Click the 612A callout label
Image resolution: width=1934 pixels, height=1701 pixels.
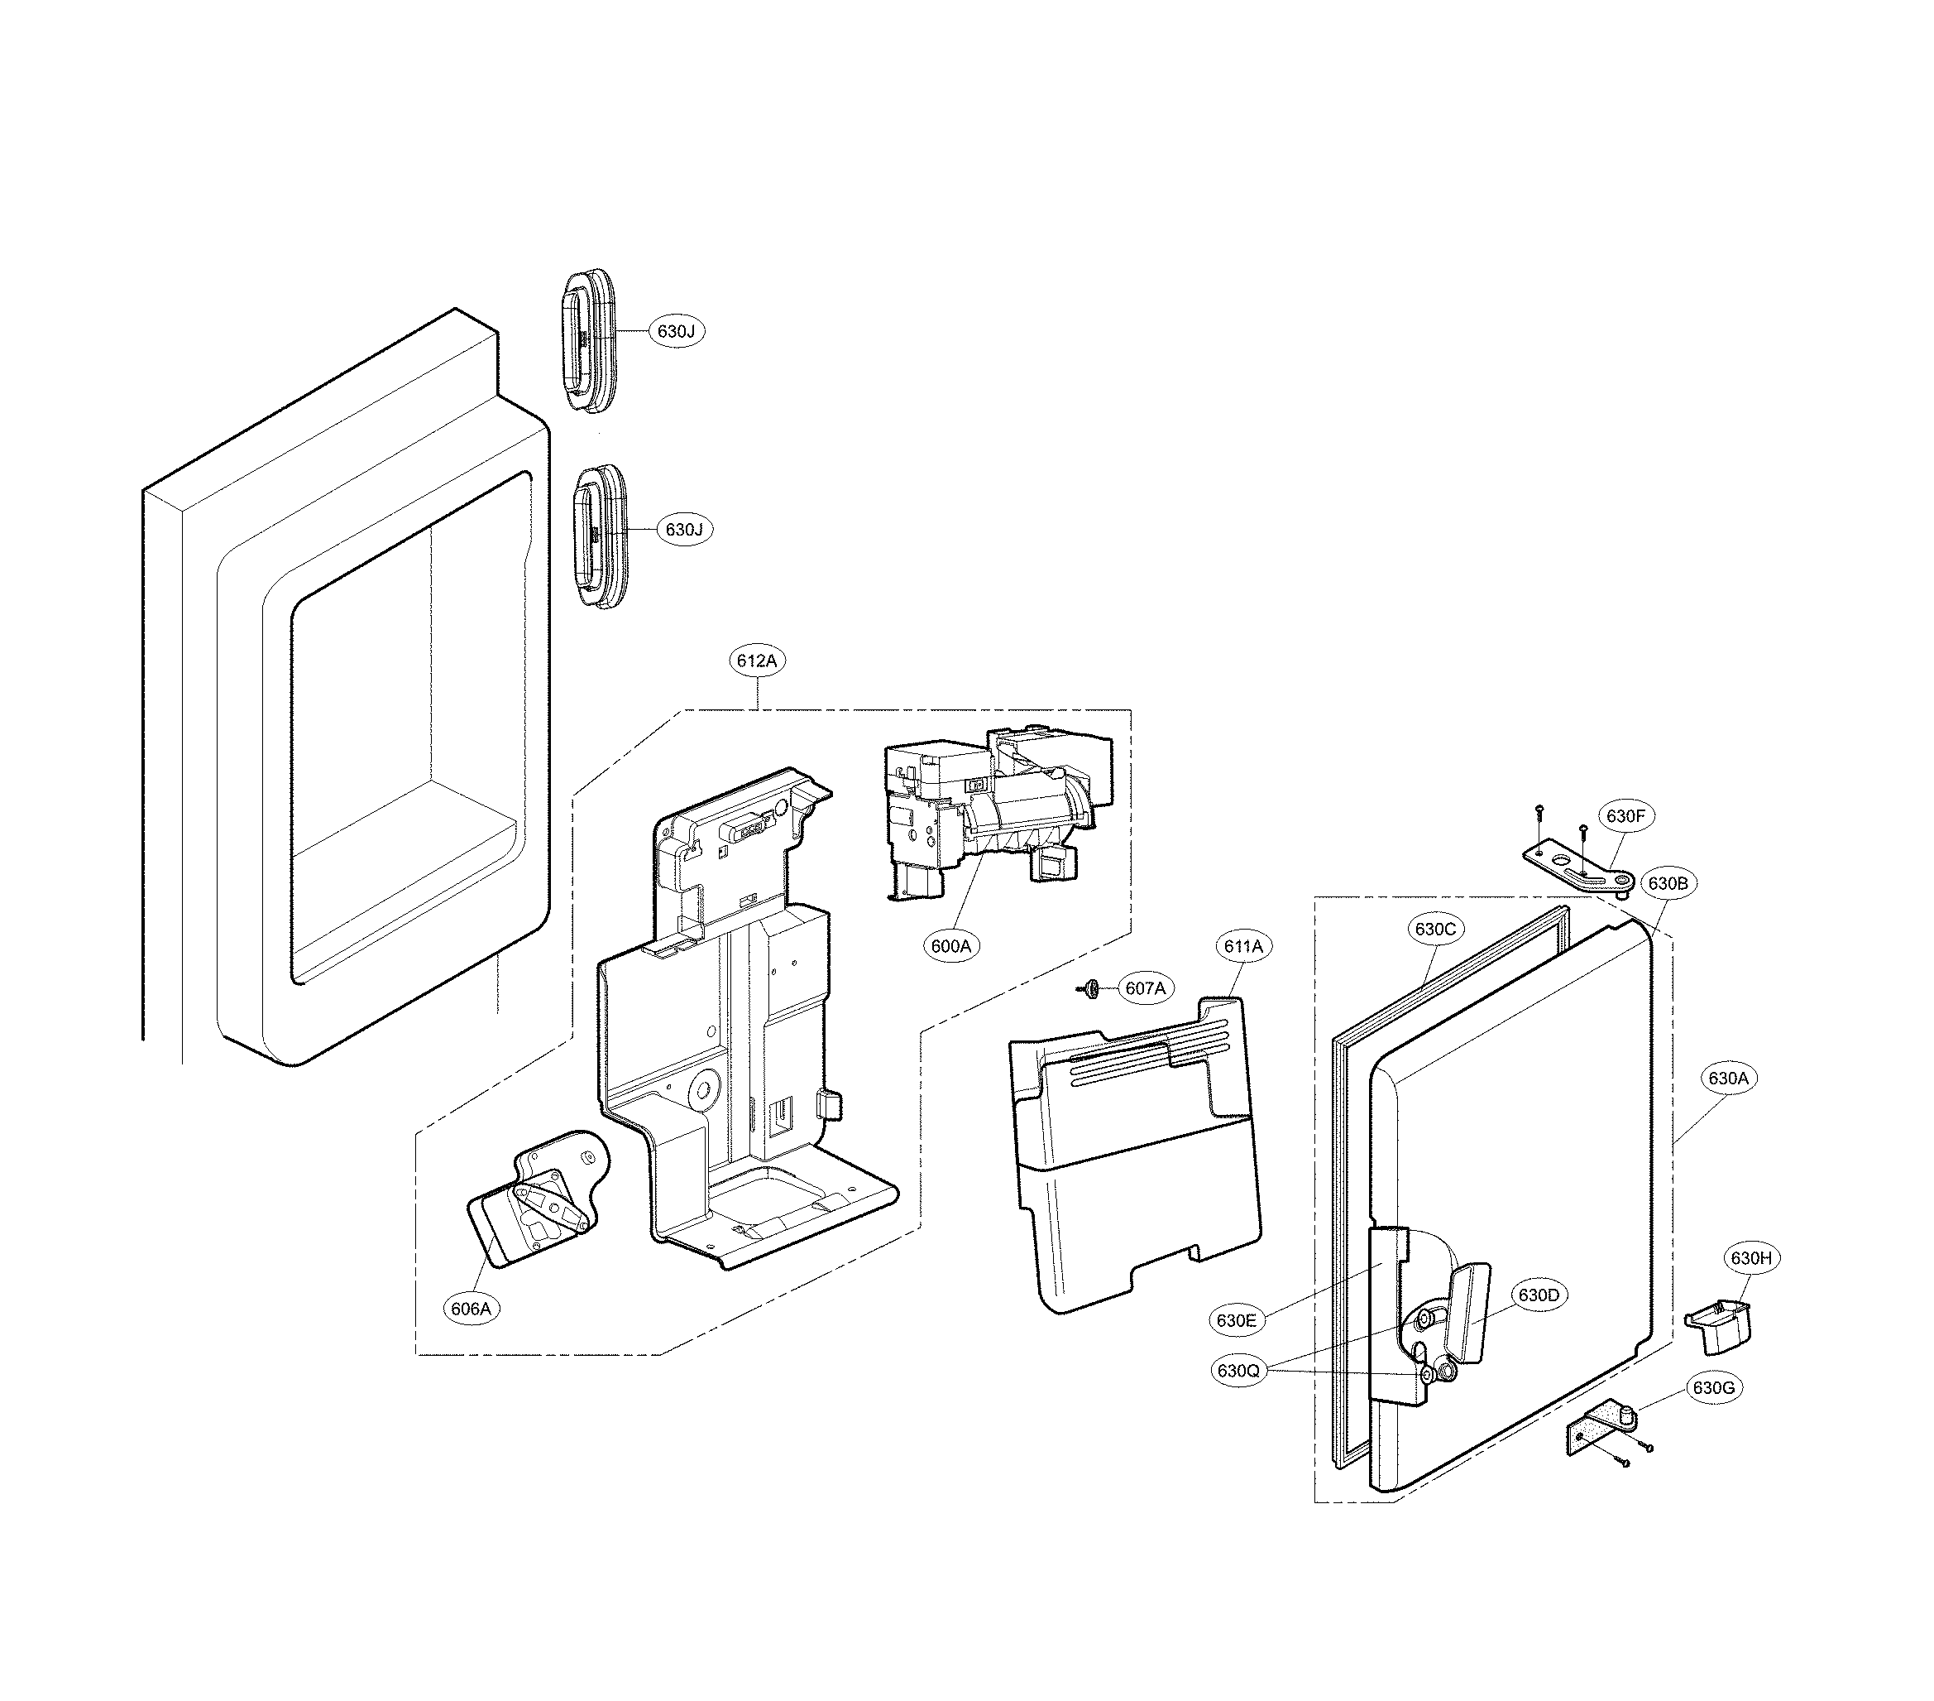[x=757, y=661]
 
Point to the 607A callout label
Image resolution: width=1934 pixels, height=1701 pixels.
[x=1145, y=988]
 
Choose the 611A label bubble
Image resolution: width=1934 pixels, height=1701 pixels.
[x=1243, y=945]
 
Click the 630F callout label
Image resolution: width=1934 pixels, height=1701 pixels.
[x=1626, y=816]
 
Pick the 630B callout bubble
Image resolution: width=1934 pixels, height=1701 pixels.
[x=1667, y=884]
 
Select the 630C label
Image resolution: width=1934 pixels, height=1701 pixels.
[x=1435, y=929]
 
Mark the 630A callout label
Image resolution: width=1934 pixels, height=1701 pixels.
[x=1728, y=1079]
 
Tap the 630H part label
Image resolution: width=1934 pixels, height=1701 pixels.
[x=1750, y=1258]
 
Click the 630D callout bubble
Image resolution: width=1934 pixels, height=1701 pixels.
[x=1539, y=1295]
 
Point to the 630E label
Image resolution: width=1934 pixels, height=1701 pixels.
[x=1237, y=1320]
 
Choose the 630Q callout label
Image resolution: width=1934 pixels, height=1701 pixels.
[x=1238, y=1370]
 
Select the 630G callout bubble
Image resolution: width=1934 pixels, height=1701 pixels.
[x=1713, y=1389]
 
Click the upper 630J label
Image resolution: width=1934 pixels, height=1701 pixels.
[x=676, y=331]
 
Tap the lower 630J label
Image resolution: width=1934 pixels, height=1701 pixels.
[x=683, y=529]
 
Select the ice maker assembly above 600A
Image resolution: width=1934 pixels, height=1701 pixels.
[x=998, y=819]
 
